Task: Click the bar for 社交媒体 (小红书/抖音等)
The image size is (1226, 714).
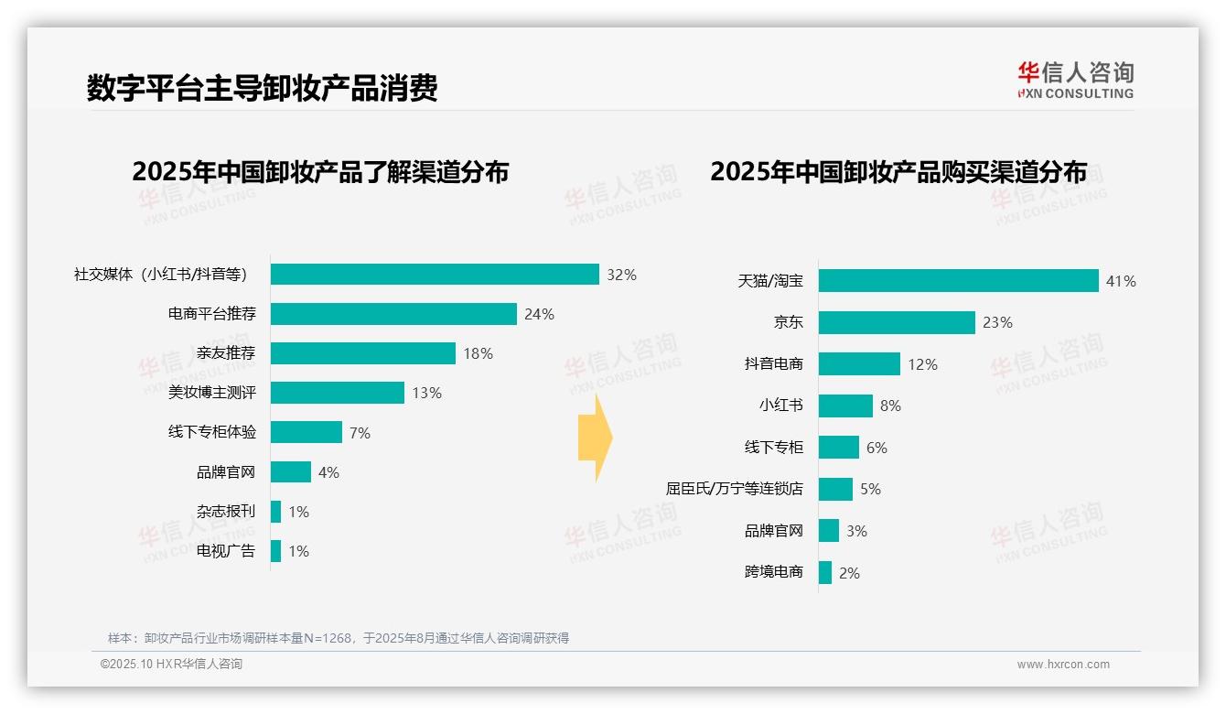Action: click(x=435, y=275)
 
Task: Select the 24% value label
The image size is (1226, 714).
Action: click(x=539, y=314)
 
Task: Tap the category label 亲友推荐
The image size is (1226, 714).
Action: click(x=226, y=353)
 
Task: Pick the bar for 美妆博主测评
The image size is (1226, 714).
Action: click(x=338, y=393)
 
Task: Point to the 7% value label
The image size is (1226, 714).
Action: click(x=360, y=433)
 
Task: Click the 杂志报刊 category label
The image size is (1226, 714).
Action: click(x=226, y=512)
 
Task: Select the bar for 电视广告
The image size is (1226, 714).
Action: click(x=275, y=551)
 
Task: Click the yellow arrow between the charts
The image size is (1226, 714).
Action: click(x=595, y=438)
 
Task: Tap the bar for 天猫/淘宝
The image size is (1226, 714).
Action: click(x=958, y=281)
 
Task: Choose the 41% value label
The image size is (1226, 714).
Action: click(x=1121, y=281)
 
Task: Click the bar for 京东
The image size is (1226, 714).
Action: click(x=897, y=322)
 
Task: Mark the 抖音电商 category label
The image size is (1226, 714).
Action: click(x=773, y=364)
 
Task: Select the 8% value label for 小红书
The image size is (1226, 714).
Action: click(x=890, y=406)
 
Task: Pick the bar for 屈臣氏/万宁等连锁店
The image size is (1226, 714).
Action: click(x=835, y=489)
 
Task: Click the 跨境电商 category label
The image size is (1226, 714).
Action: click(x=773, y=573)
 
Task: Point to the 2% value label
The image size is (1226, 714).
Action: click(x=849, y=573)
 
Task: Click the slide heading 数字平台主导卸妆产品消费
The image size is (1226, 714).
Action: click(x=263, y=88)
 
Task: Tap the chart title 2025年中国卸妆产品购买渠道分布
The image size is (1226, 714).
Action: click(x=898, y=172)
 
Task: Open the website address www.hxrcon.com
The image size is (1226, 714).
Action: click(x=1063, y=665)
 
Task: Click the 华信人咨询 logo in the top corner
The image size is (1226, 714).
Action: click(x=1075, y=81)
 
